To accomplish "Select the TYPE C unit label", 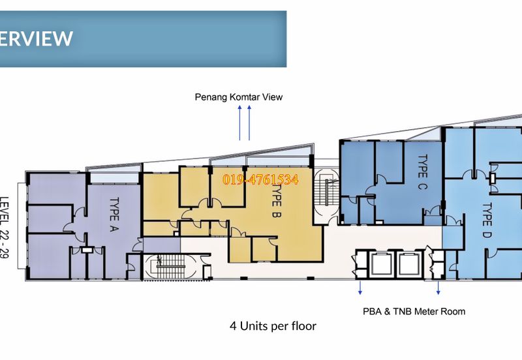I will click(x=422, y=172).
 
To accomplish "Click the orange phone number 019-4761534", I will click(x=260, y=180).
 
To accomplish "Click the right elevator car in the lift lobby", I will click(x=408, y=264).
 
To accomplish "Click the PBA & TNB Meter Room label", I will click(x=414, y=312).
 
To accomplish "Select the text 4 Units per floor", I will click(x=273, y=326).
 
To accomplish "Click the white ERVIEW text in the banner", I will click(x=36, y=38).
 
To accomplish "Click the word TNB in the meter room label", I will click(x=401, y=312).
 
